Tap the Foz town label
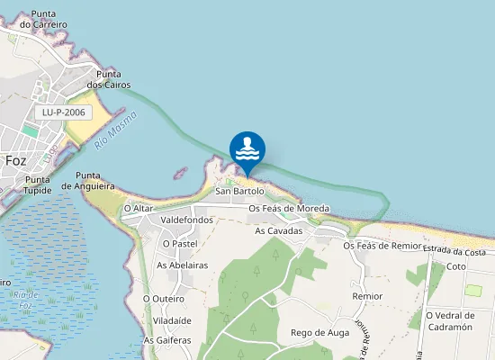tap(15, 160)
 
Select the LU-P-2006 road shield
tap(62, 112)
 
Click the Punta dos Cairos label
tap(104, 79)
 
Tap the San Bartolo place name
tap(239, 192)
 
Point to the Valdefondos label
tap(186, 220)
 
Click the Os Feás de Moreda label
tap(289, 209)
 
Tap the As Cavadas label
tap(278, 231)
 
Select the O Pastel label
tap(180, 243)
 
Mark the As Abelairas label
tap(183, 265)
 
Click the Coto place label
tap(456, 267)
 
